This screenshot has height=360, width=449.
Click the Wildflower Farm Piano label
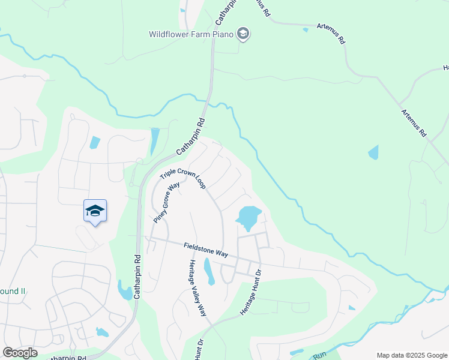(191, 34)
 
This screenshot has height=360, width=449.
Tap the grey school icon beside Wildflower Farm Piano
(243, 34)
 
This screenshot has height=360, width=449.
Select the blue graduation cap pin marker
(95, 211)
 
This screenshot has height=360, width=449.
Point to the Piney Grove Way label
(167, 203)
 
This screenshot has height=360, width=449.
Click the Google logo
(20, 352)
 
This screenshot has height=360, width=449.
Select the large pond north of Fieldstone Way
(248, 217)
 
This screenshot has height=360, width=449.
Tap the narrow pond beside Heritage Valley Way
(208, 272)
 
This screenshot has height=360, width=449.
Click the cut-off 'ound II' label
(13, 291)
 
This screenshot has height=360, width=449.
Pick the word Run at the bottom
(319, 356)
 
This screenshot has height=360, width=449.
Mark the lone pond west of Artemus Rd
(373, 152)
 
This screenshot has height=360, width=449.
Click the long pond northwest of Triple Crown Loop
(154, 142)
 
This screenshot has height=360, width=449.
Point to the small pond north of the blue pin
(95, 143)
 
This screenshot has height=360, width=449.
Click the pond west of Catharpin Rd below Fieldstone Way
(125, 291)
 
